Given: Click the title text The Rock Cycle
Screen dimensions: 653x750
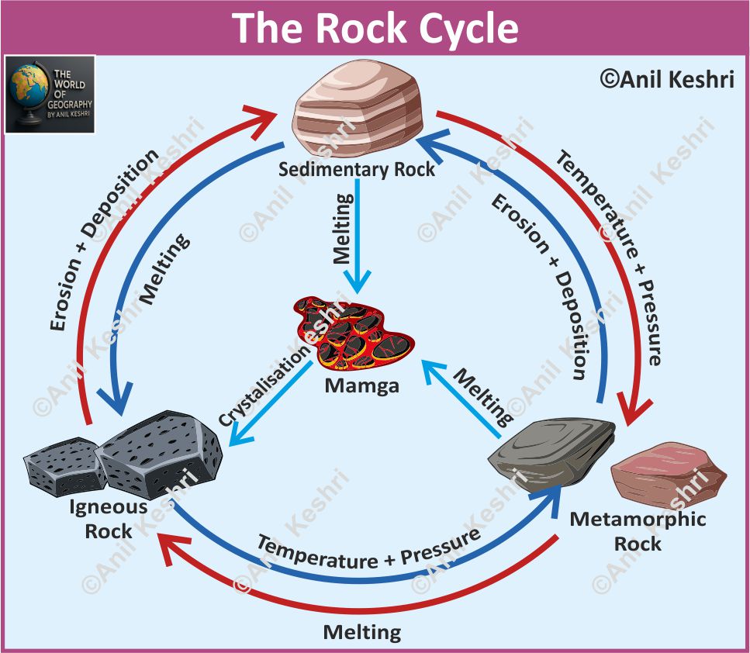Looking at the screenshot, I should [x=375, y=28].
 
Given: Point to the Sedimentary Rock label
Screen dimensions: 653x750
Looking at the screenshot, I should [x=358, y=168].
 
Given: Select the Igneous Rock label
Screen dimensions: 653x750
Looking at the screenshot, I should [x=109, y=520].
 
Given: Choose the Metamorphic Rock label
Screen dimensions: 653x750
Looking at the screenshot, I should [x=638, y=530].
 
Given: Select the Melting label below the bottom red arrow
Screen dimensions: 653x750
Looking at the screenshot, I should [x=362, y=631].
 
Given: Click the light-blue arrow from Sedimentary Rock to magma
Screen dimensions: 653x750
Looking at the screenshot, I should [x=358, y=233].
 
